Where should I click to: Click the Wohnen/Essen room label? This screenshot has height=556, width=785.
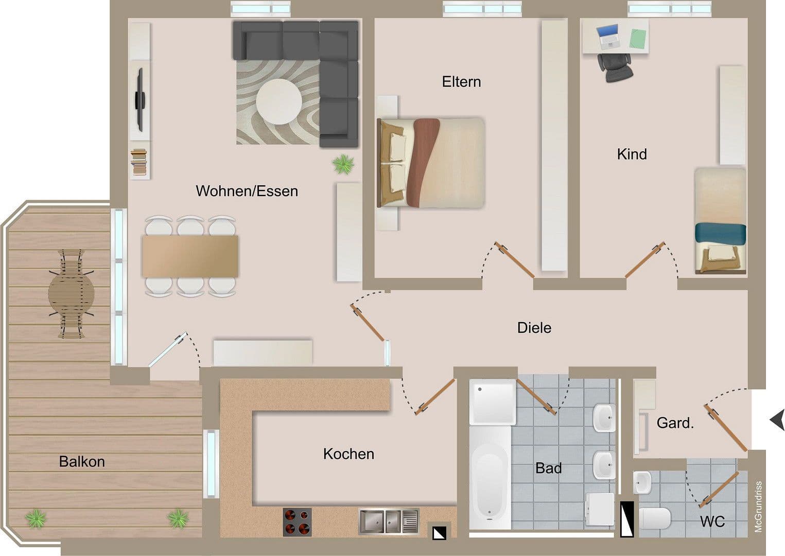click(247, 191)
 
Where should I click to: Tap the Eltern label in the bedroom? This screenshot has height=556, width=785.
click(461, 82)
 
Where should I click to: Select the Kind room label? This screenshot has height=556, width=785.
click(632, 154)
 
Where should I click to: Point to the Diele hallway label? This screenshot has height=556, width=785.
click(534, 328)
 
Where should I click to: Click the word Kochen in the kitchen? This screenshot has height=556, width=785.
click(348, 454)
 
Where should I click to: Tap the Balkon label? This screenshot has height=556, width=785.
click(82, 461)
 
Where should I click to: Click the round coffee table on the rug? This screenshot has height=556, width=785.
click(279, 101)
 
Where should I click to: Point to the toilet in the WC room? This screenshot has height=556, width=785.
click(654, 518)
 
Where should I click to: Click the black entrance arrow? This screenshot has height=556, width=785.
click(777, 421)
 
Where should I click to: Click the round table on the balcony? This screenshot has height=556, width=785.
click(72, 293)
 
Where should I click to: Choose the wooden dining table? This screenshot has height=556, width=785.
click(190, 256)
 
